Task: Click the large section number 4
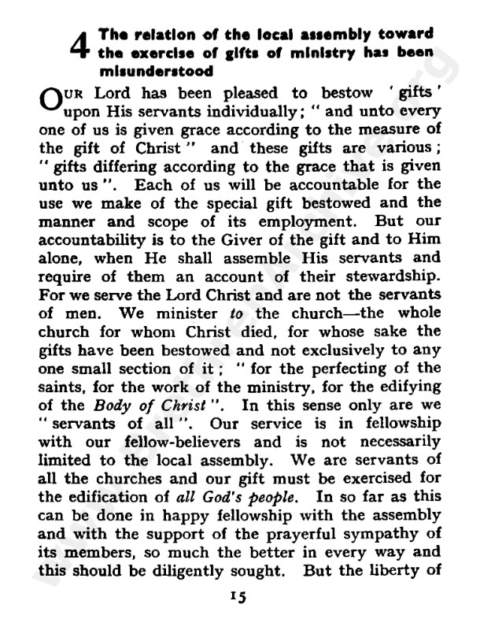79,49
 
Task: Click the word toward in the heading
404,35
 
